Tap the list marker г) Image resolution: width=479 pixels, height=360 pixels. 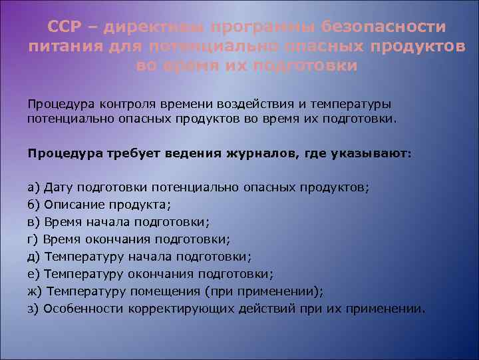pos(34,239)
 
